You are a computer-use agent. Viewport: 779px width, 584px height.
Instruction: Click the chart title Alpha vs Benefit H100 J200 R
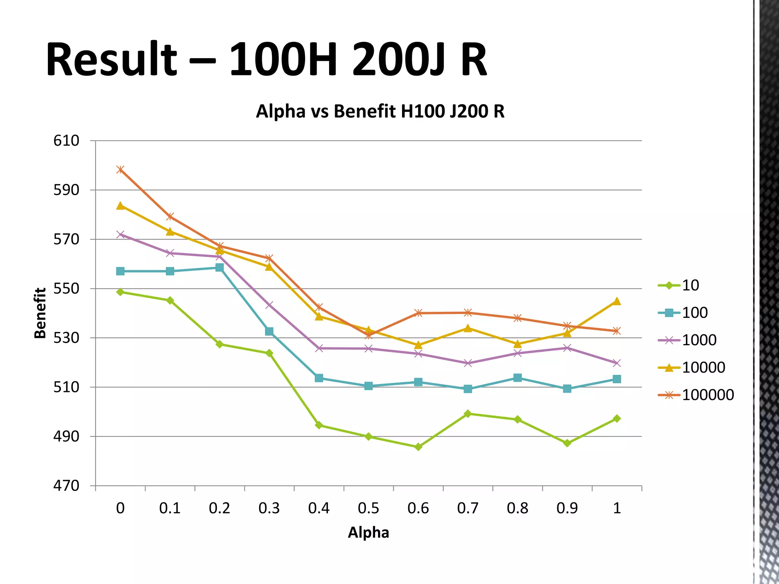[380, 111]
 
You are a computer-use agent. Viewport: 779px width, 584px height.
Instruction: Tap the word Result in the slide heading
[111, 60]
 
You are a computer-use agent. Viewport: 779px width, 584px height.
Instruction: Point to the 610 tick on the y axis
[66, 141]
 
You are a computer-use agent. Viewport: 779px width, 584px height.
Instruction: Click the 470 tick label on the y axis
[66, 486]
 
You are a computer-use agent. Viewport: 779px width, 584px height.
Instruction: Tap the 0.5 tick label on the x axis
[368, 508]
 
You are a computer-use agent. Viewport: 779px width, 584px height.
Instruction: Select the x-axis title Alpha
[368, 532]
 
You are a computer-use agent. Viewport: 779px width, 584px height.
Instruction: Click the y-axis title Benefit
[40, 313]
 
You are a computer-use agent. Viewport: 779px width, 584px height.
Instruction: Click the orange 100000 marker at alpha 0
[120, 170]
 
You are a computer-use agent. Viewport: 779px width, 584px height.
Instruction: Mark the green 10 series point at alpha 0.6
[418, 447]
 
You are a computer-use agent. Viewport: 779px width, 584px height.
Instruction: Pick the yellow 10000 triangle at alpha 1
[617, 302]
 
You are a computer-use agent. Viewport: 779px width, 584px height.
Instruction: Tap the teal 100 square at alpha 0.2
[219, 268]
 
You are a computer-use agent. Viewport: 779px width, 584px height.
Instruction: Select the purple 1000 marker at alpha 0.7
[468, 363]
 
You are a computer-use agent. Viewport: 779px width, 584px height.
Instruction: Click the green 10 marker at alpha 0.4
[319, 425]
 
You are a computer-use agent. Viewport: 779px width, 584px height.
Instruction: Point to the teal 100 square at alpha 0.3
[269, 332]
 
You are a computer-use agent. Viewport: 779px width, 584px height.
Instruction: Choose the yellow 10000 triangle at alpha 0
[120, 206]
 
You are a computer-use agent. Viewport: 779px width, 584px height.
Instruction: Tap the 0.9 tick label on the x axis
[567, 508]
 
